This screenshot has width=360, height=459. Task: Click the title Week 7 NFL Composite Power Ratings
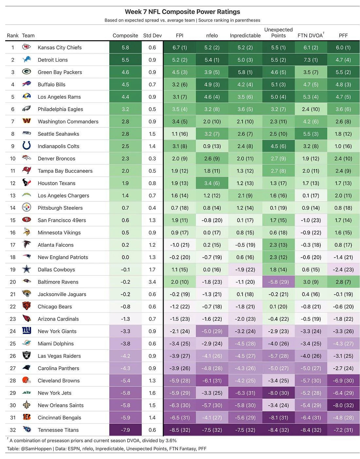pos(182,12)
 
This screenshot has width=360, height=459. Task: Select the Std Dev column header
pos(152,35)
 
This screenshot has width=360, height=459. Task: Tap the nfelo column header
pos(212,35)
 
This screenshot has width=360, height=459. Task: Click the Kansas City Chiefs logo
pos(27,47)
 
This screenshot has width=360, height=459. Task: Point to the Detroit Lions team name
pos(53,60)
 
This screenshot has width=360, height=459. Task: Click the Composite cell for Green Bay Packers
pos(125,72)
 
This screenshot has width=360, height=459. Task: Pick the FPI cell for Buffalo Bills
pos(180,85)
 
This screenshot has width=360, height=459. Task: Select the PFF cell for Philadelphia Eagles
pos(343,109)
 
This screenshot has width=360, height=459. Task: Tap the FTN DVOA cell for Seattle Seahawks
pos(311,134)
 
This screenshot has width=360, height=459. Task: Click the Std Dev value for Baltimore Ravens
pos(152,282)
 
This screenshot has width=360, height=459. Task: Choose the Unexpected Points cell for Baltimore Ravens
pos(278,282)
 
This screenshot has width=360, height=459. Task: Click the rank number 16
pos(13,233)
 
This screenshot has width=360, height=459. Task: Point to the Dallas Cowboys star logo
pos(27,269)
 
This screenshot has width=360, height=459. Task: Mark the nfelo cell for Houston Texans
pos(212,183)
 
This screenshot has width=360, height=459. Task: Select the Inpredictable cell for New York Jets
pos(245,393)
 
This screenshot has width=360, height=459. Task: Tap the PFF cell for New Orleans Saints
pos(343,405)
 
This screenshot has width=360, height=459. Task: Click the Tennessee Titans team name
pos(58,430)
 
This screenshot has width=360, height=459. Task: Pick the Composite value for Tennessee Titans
pos(125,430)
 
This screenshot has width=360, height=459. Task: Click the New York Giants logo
pos(27,331)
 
